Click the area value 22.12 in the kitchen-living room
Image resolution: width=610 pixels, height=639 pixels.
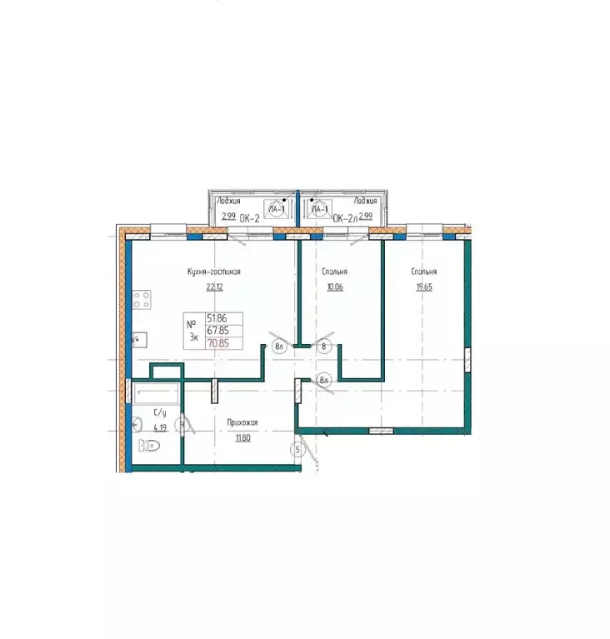215,287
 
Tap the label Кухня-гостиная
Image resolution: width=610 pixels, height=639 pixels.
214,272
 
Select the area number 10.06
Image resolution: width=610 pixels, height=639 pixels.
334,287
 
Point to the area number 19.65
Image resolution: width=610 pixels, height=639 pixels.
423,287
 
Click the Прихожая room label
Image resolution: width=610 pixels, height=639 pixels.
242,423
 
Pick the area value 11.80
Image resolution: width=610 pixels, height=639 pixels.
242,438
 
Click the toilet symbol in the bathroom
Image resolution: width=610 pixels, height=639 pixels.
151,446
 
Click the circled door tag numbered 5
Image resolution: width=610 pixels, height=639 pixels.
297,451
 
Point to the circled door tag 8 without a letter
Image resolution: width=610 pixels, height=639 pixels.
323,344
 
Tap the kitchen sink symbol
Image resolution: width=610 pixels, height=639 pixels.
138,340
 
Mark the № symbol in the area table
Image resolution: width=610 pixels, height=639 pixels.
192,323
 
